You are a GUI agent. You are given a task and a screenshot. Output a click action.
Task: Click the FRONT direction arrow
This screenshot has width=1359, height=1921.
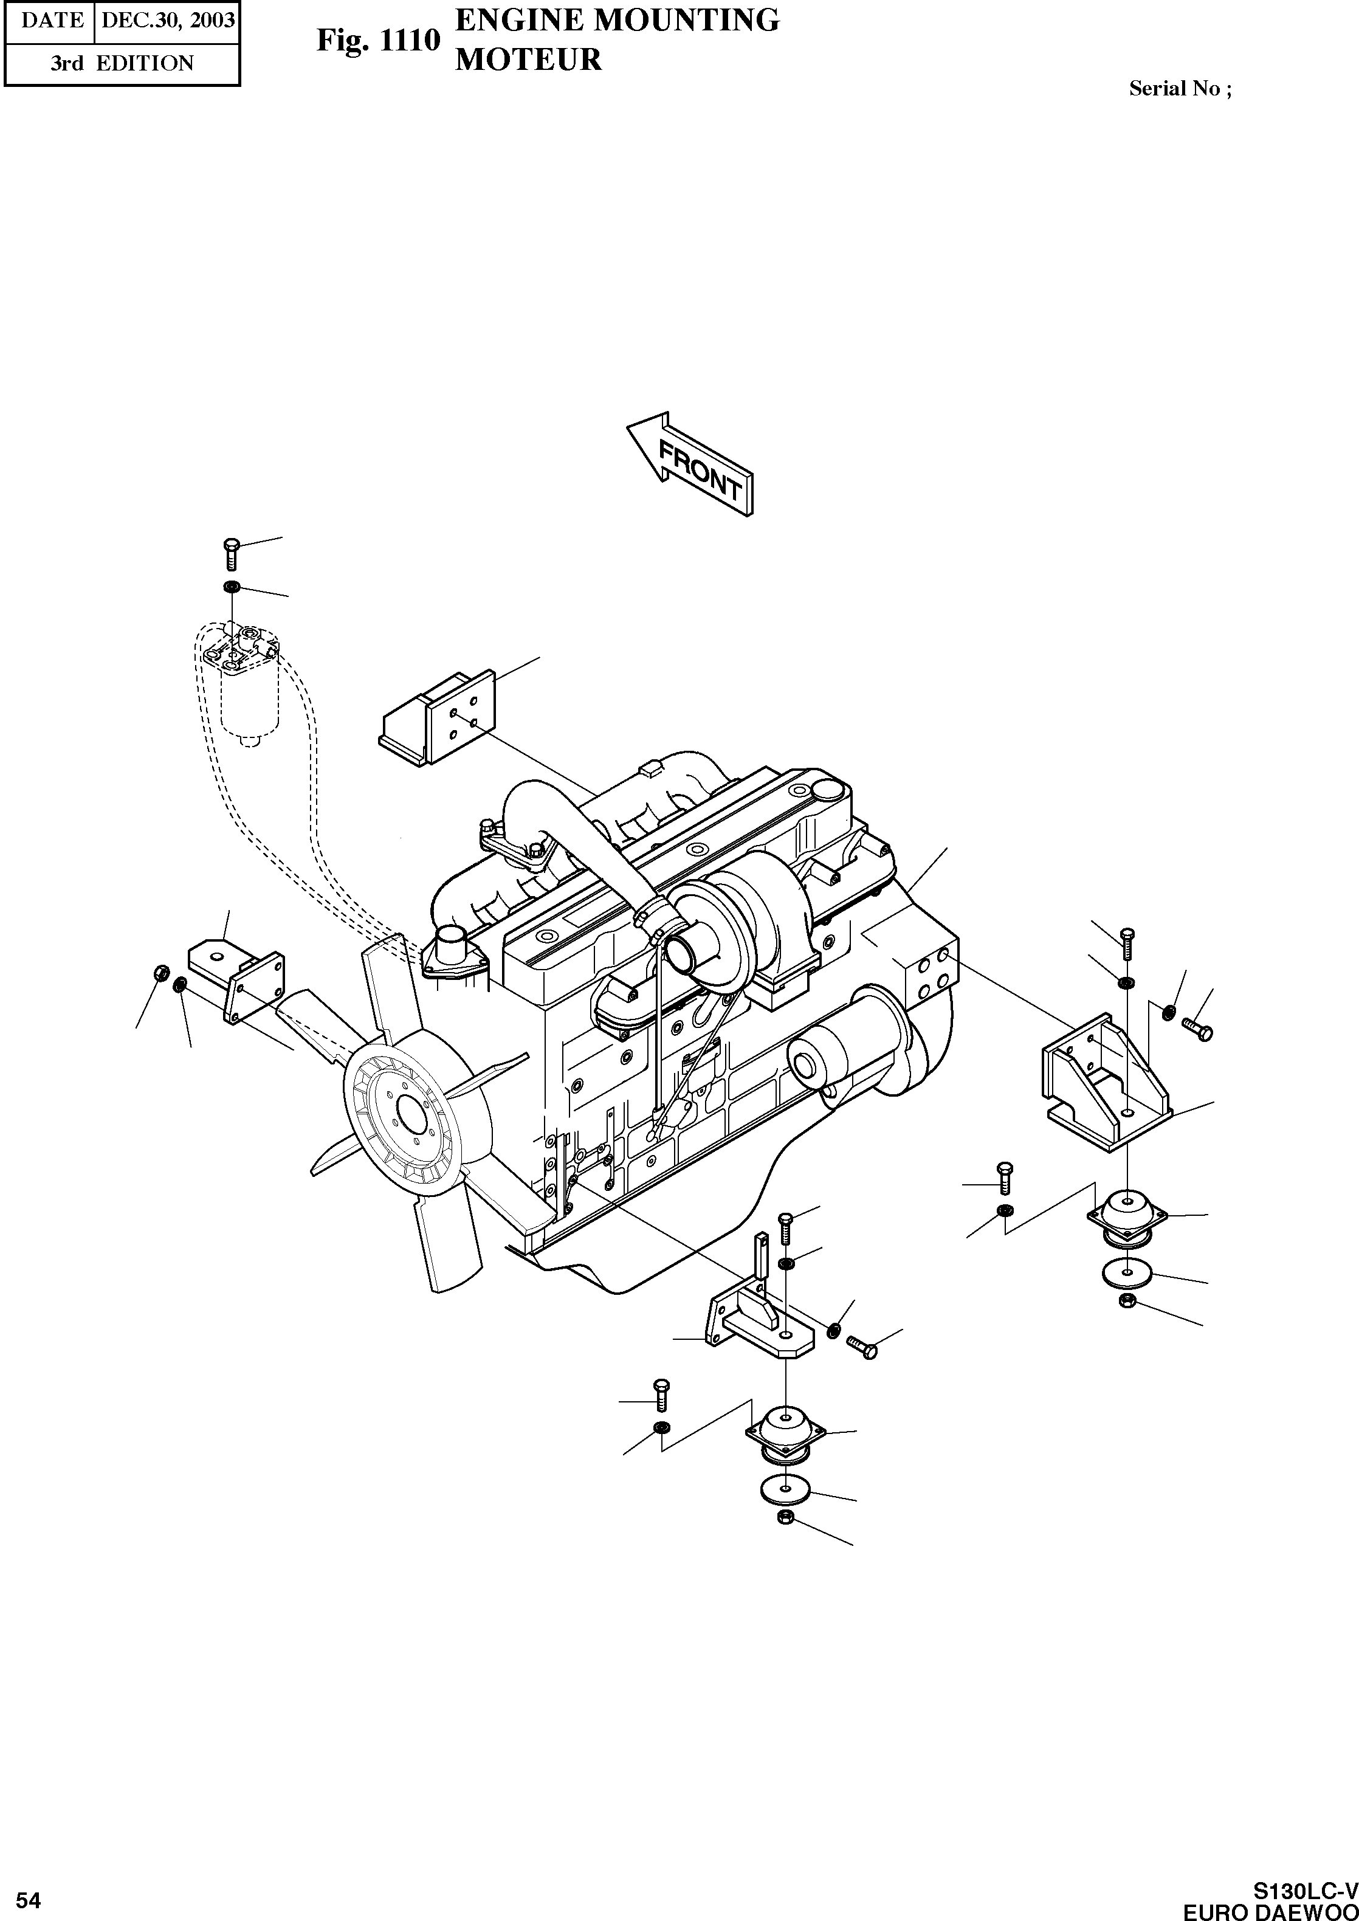click(x=691, y=464)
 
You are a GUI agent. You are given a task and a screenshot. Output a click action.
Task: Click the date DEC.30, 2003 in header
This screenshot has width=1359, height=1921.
click(x=167, y=21)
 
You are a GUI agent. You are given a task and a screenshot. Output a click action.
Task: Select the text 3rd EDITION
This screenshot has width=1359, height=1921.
click(x=122, y=64)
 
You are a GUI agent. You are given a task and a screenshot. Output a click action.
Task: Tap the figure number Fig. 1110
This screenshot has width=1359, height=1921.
click(x=378, y=40)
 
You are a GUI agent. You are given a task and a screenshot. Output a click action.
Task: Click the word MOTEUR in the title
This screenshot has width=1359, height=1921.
click(x=528, y=60)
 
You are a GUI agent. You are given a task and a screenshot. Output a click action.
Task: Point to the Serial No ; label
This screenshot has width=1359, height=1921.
click(x=1180, y=89)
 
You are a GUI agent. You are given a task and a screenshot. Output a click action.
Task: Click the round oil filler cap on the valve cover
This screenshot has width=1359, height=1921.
click(x=828, y=789)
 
